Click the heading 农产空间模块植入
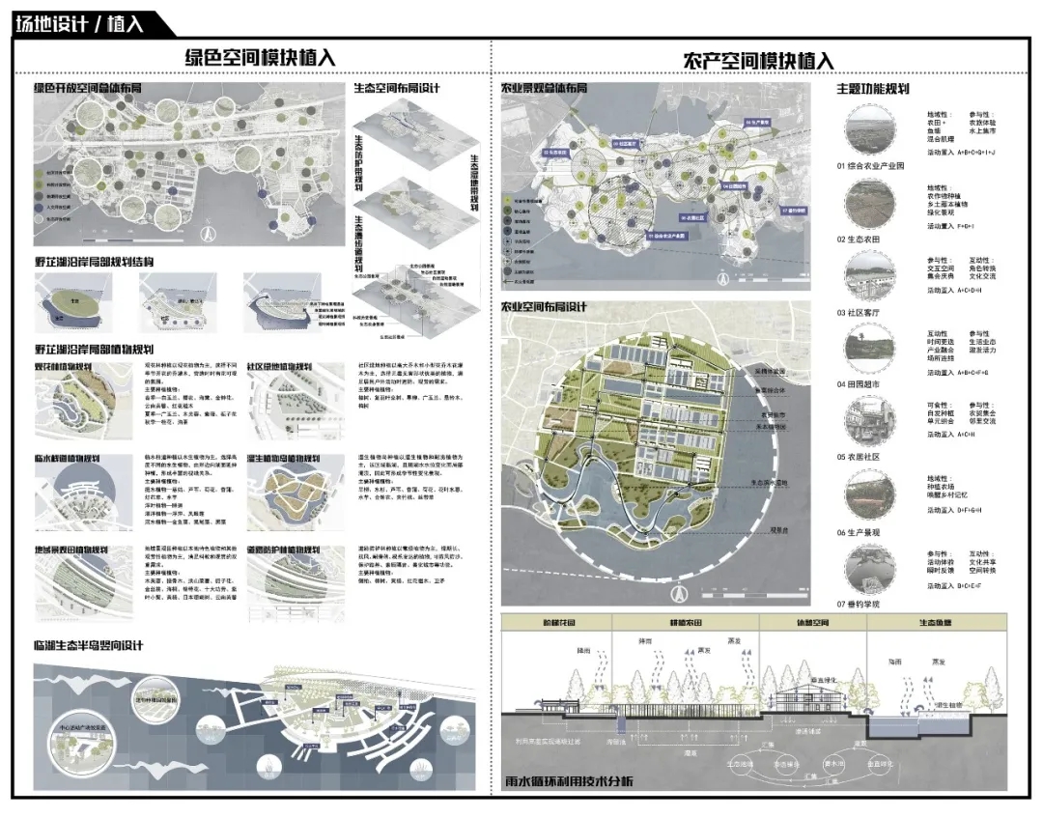pyautogui.click(x=757, y=60)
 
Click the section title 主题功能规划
pyautogui.click(x=873, y=90)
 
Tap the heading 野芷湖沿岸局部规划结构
pyautogui.click(x=94, y=262)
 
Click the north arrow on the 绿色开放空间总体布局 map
pyautogui.click(x=206, y=232)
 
